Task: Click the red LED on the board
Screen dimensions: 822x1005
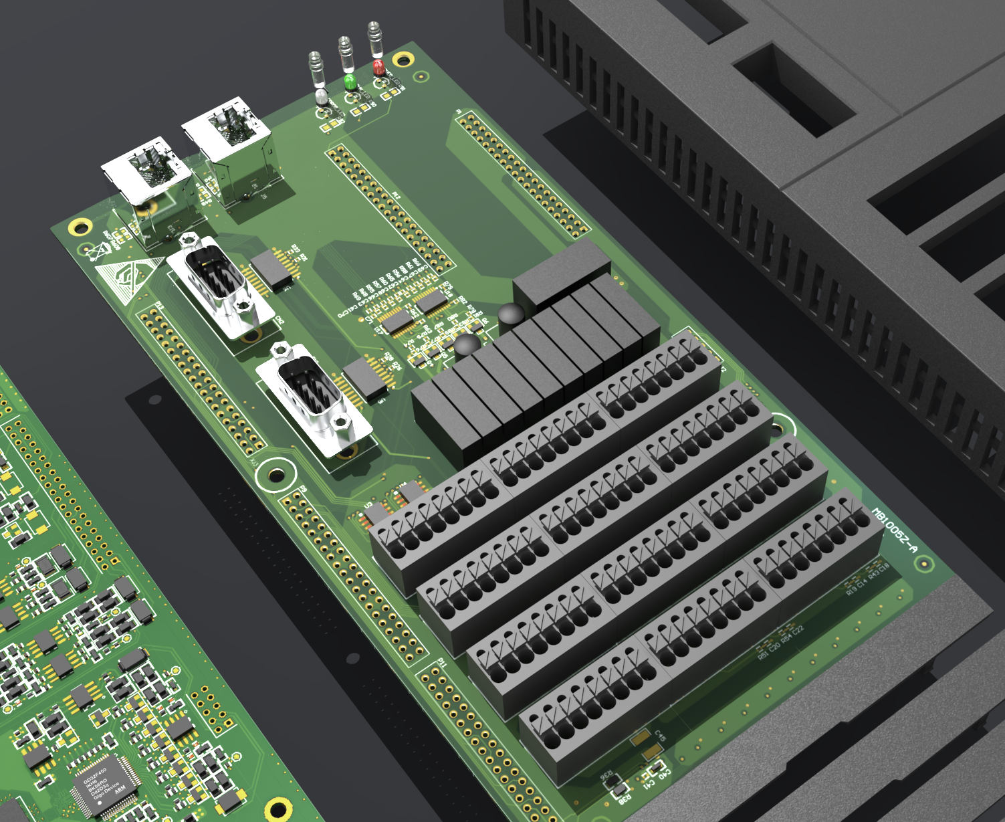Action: point(378,66)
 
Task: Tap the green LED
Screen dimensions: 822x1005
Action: point(349,82)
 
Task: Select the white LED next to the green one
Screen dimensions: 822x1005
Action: point(322,97)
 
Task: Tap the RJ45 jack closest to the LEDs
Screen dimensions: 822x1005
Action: point(227,137)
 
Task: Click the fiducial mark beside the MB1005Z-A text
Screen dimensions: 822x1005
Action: point(924,564)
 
